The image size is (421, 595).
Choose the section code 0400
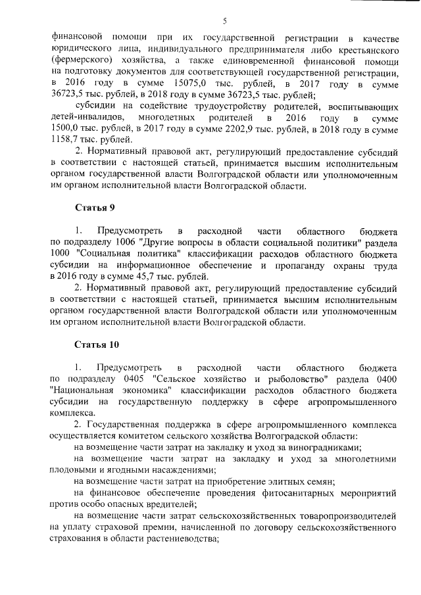[380, 379]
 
